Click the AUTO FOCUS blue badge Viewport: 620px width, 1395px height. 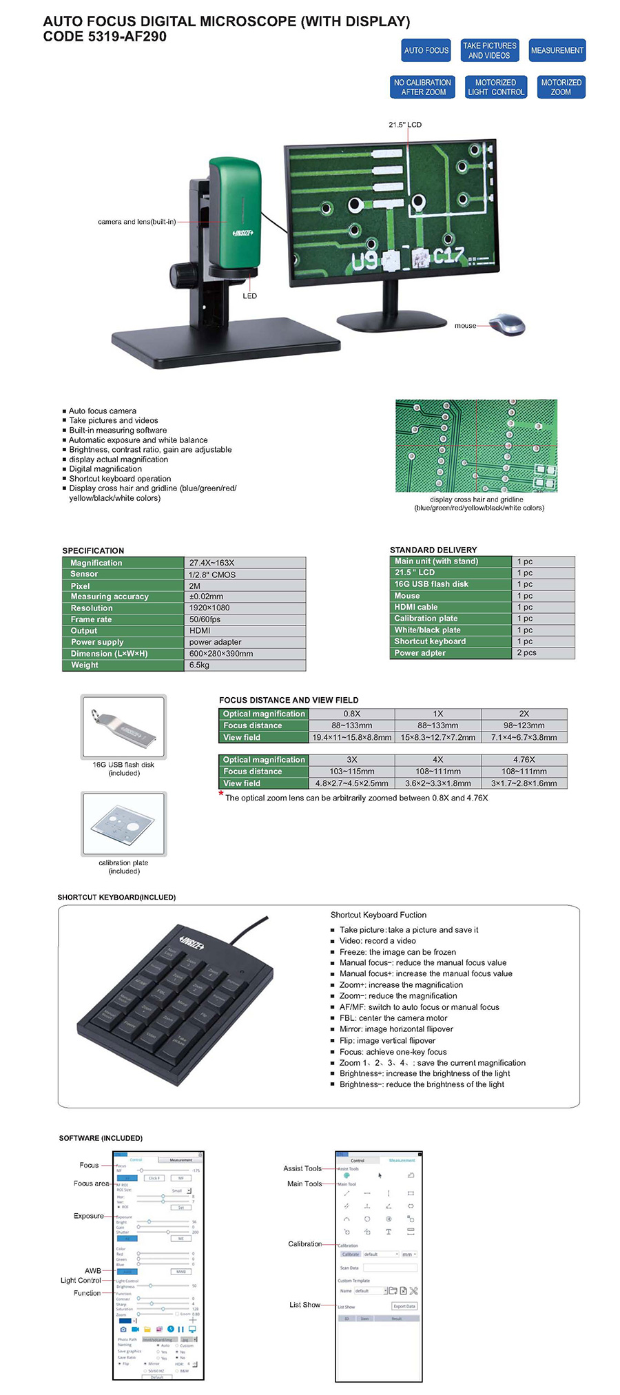(426, 50)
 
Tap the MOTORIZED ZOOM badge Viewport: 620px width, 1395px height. (561, 87)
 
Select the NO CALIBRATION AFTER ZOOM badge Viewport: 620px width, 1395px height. (422, 87)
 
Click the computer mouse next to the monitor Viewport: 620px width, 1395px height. (508, 324)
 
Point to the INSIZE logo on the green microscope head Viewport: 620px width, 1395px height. (242, 233)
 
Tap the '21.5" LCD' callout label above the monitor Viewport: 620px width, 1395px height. (404, 125)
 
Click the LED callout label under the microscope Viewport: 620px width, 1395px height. (249, 296)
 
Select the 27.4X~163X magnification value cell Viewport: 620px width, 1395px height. (212, 563)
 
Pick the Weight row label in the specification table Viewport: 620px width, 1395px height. (85, 665)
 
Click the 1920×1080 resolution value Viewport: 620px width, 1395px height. (209, 608)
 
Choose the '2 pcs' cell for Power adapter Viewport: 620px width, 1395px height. (526, 652)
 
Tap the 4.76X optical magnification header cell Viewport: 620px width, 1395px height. (524, 759)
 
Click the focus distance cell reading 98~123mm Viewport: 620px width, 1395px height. (524, 725)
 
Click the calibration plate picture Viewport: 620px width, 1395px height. (124, 823)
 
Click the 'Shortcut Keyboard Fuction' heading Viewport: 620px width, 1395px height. (378, 915)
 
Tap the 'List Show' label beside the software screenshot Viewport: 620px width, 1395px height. (304, 1305)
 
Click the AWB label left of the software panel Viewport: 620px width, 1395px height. (93, 1270)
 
